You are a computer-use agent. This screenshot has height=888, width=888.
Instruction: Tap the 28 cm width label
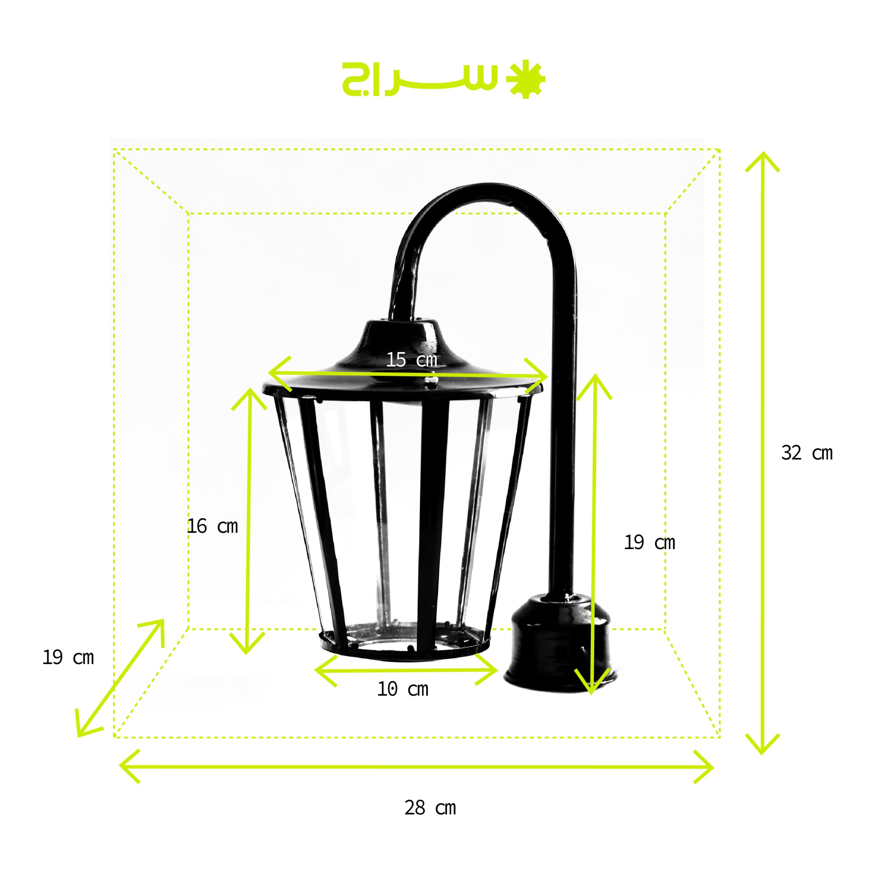tap(430, 808)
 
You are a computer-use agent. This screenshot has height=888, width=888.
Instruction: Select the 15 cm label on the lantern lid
tap(411, 359)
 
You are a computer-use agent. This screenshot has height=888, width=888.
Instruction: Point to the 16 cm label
tap(212, 526)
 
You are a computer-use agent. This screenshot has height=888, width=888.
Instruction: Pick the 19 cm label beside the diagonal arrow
tap(68, 658)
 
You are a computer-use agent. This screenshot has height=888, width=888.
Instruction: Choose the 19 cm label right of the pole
tap(649, 543)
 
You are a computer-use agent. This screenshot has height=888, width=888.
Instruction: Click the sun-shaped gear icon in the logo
tap(526, 79)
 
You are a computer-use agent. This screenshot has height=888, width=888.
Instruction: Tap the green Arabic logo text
tap(420, 79)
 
